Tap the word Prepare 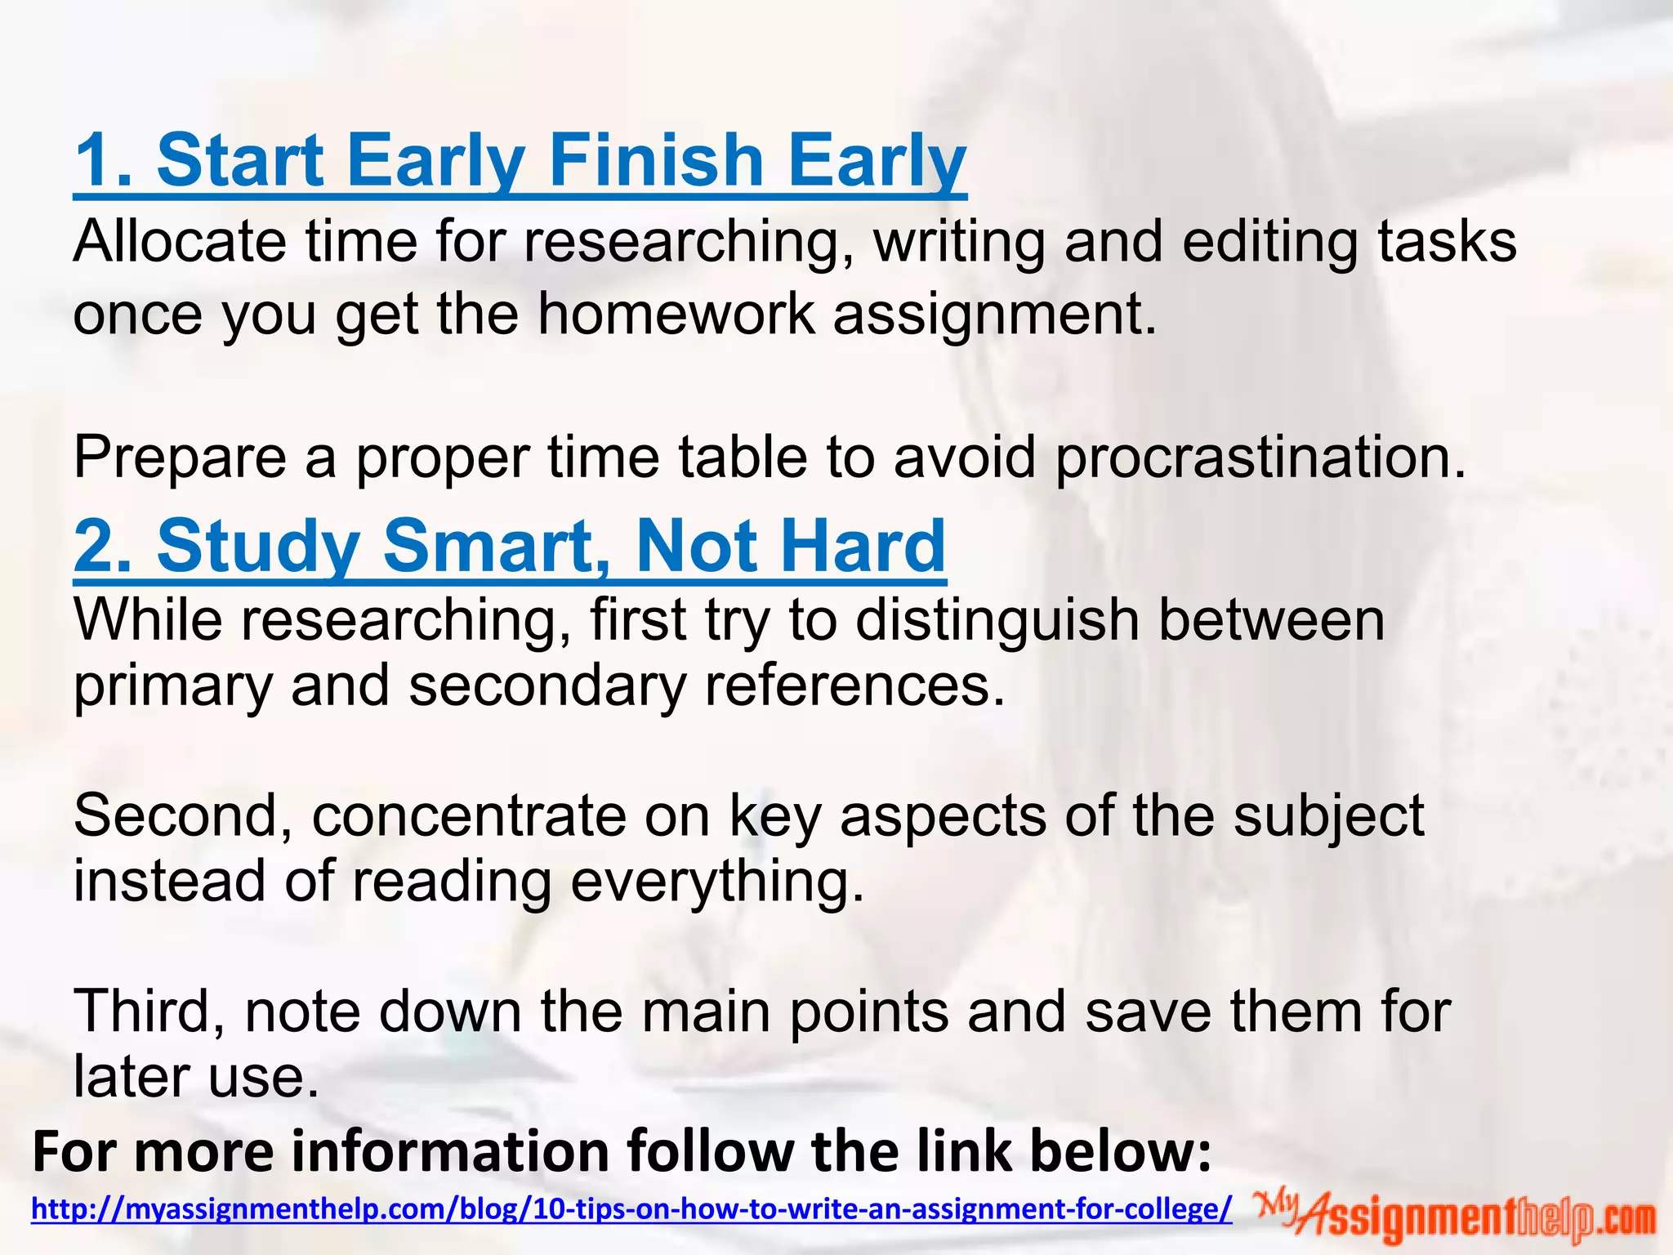180,458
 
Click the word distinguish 997,621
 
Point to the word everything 716,882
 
